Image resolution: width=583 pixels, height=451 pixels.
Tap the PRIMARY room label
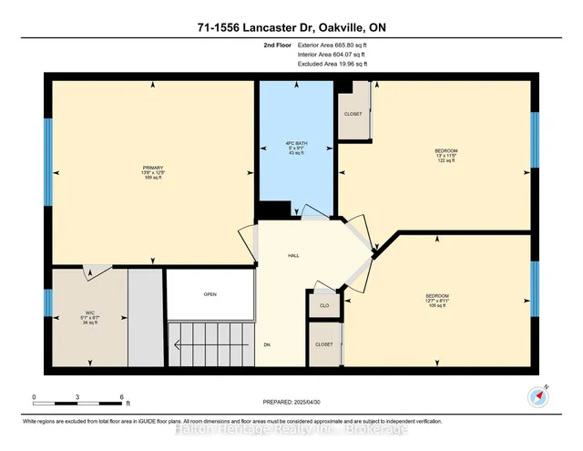(x=148, y=168)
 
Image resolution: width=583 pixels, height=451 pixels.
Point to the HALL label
(x=294, y=256)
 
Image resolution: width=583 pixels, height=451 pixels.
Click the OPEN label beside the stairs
(x=210, y=294)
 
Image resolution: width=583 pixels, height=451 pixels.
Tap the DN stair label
(x=267, y=345)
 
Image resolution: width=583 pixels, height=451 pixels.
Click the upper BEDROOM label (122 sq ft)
(x=445, y=149)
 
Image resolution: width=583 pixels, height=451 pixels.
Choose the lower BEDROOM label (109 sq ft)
(x=437, y=295)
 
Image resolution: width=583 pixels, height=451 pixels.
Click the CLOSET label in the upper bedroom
(x=353, y=114)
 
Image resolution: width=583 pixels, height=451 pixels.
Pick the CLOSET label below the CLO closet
(x=324, y=345)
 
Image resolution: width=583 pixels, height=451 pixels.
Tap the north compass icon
(x=537, y=395)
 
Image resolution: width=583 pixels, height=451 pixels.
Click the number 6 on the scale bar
(x=121, y=397)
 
